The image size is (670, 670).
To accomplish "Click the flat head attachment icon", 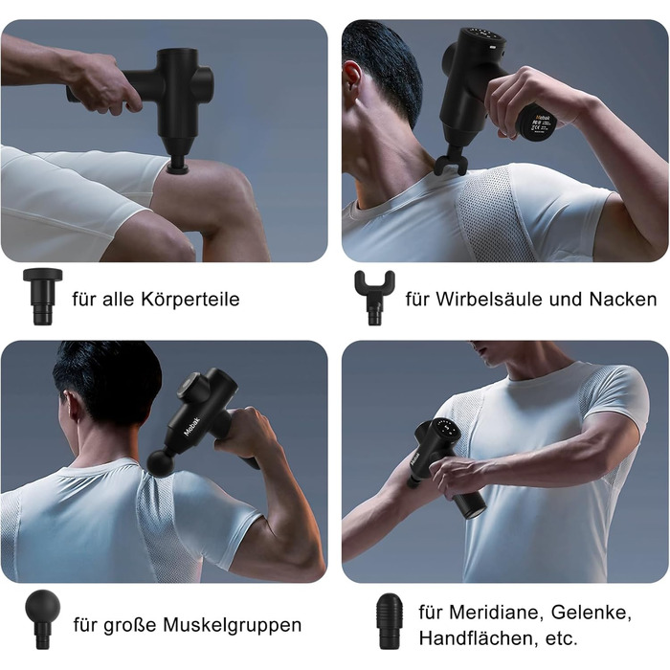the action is click(43, 297).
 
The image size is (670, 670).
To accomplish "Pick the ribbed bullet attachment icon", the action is click(390, 620).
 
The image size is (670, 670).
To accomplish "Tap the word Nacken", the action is click(623, 299).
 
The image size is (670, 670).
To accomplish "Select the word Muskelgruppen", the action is click(233, 626).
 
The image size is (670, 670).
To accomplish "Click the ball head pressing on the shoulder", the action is click(161, 462).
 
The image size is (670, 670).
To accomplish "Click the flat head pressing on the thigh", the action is click(177, 165).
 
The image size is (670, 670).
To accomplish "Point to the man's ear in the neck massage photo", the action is click(353, 77).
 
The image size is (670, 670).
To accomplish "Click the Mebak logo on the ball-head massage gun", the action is click(191, 425).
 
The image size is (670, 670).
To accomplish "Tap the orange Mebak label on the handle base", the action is click(543, 117).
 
